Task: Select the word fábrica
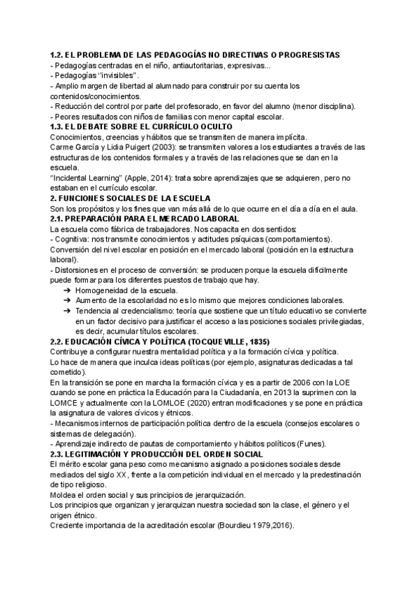(111, 229)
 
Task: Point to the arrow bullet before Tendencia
(66, 311)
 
